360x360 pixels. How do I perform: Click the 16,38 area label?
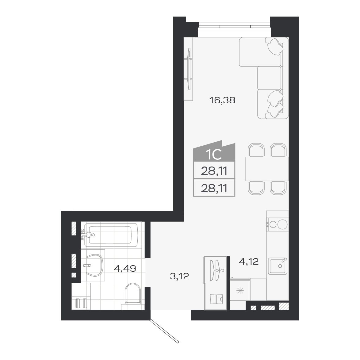click(222, 100)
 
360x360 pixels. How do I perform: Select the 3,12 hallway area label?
click(179, 277)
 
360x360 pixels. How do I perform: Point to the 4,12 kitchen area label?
click(249, 262)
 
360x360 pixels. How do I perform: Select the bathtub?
click(112, 235)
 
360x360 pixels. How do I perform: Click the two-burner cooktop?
click(277, 224)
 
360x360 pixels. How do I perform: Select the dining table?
click(266, 169)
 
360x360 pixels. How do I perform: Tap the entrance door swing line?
click(164, 331)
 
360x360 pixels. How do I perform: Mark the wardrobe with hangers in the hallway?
click(216, 283)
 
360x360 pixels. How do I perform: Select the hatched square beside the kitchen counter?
click(284, 306)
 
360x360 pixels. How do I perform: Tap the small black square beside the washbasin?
click(74, 275)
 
